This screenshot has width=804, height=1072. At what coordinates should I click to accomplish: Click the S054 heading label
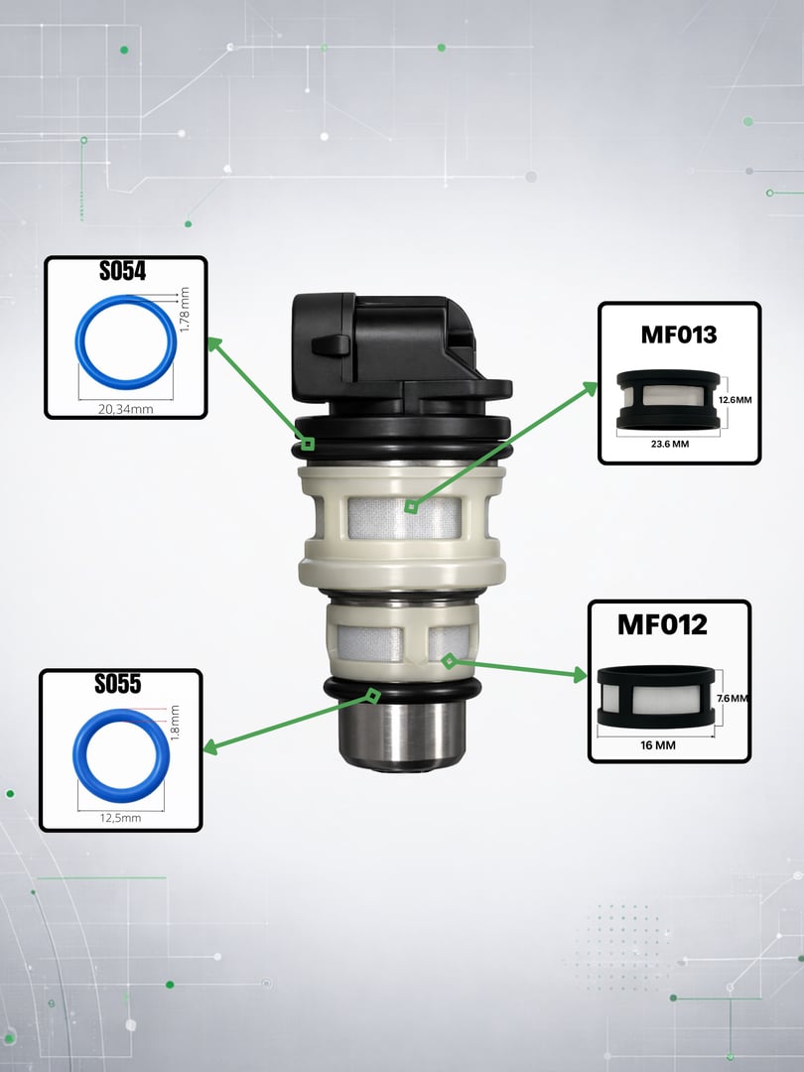point(122,271)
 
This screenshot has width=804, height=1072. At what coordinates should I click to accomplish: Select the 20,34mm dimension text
point(126,409)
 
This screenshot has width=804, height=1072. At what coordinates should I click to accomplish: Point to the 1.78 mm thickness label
point(184,310)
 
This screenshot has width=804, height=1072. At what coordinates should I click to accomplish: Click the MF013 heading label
point(679,335)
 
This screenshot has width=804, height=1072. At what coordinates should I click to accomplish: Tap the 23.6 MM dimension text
point(670,444)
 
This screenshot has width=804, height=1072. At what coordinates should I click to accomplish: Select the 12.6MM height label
point(736,400)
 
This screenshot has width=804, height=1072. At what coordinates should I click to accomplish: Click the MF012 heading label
point(662,624)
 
